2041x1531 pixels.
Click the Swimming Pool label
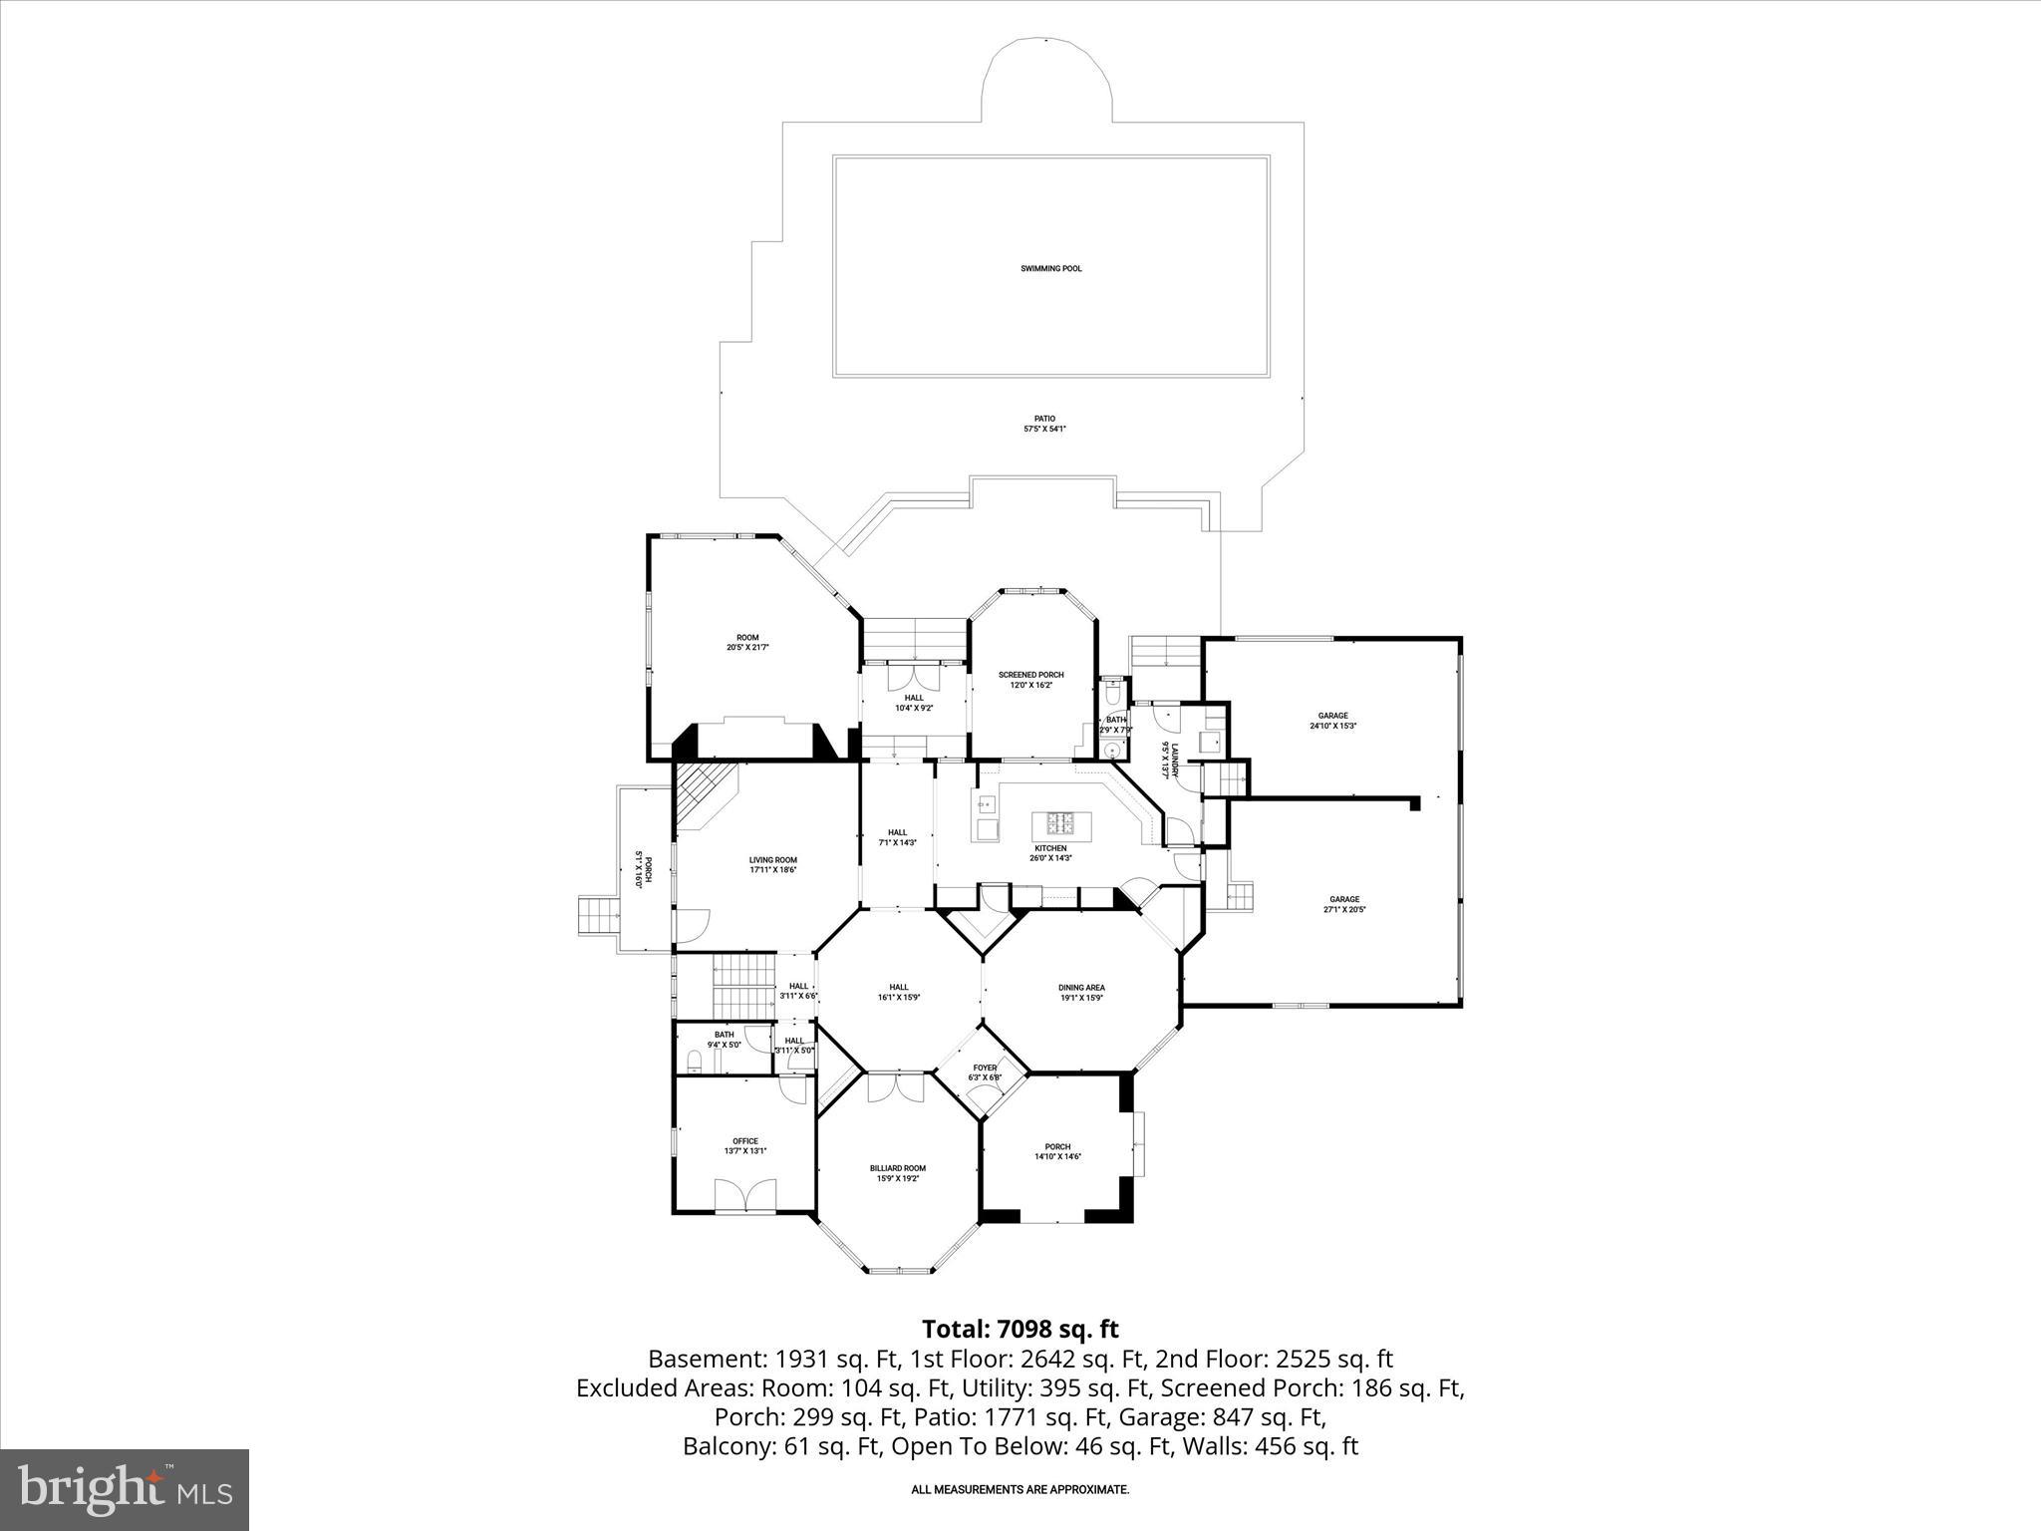pos(1050,268)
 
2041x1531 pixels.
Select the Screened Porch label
pos(1030,675)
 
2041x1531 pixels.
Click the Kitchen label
pos(1050,848)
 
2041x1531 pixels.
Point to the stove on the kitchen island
pos(1060,823)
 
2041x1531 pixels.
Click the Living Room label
pos(772,860)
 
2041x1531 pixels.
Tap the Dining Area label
pos(1081,988)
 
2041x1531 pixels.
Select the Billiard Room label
pos(897,1168)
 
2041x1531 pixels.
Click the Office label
pos(744,1141)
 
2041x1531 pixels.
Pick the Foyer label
pos(985,1068)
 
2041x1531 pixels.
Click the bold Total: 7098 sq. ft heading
pos(1020,1329)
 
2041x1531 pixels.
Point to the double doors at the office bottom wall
pos(745,1195)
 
